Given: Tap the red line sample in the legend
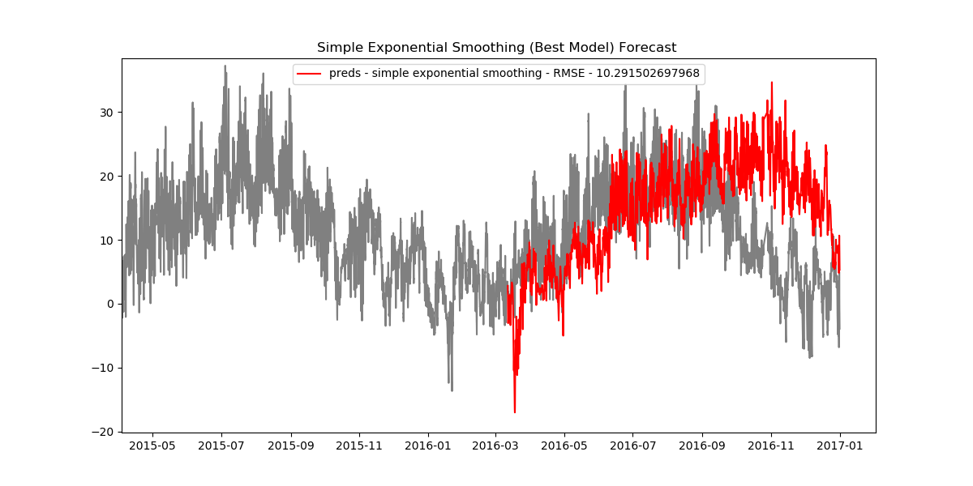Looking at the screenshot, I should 309,74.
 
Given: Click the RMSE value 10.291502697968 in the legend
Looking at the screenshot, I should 648,74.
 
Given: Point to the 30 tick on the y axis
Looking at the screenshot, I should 107,112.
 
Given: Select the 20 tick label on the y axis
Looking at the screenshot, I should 107,176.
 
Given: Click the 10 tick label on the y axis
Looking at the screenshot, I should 107,240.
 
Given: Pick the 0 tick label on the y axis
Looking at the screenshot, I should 111,304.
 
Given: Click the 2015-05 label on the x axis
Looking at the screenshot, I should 152,446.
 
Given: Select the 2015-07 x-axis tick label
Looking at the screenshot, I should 221,446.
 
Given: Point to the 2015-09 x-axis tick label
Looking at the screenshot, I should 291,446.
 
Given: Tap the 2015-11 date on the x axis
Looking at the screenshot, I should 359,446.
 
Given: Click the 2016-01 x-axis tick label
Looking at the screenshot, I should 428,446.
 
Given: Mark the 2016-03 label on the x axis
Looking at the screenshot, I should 495,446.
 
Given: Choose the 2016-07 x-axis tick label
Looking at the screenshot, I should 633,446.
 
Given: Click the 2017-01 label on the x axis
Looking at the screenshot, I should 840,446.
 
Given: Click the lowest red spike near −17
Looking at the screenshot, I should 514,411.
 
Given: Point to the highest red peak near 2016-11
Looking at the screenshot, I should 771,83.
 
